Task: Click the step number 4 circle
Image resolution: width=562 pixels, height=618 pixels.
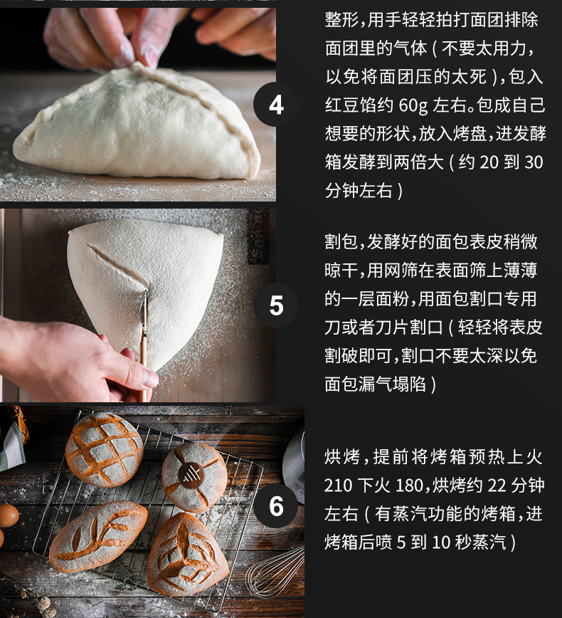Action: [276, 105]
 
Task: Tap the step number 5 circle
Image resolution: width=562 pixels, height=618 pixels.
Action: [276, 305]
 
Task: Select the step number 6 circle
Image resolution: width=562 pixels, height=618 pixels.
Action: [276, 506]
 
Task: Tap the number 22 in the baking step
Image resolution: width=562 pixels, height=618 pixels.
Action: [497, 486]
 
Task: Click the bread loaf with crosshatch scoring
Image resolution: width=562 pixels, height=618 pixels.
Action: [104, 449]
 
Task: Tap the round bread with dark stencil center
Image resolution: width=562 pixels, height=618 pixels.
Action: [194, 476]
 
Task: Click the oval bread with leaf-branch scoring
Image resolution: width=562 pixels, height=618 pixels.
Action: [98, 537]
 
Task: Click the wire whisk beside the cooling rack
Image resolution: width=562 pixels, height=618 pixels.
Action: [276, 572]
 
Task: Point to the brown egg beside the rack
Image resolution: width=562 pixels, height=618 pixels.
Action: [9, 515]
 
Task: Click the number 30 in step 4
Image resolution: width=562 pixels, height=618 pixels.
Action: [534, 162]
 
